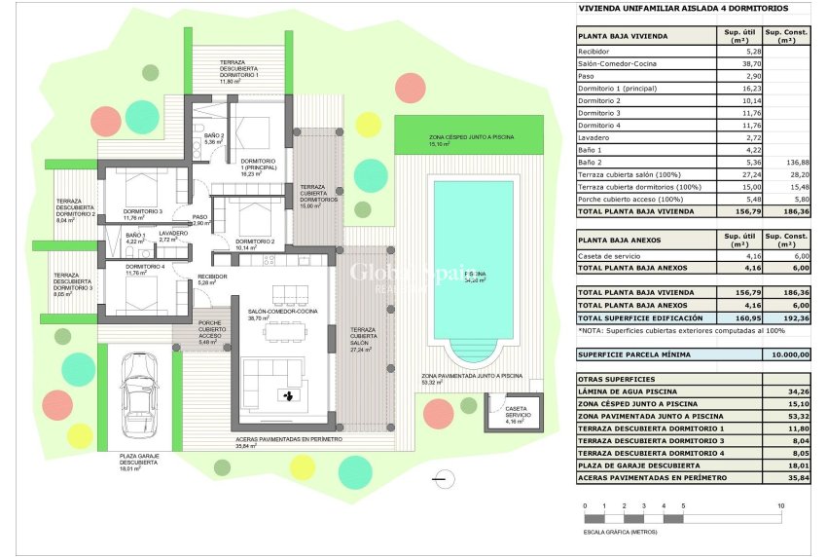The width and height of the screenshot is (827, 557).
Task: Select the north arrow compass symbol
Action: [x=444, y=477]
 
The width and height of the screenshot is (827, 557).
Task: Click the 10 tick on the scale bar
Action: [x=781, y=506]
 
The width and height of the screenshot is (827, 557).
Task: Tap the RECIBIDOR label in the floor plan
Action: [x=213, y=278]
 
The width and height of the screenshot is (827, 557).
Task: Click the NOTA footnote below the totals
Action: [x=666, y=331]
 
